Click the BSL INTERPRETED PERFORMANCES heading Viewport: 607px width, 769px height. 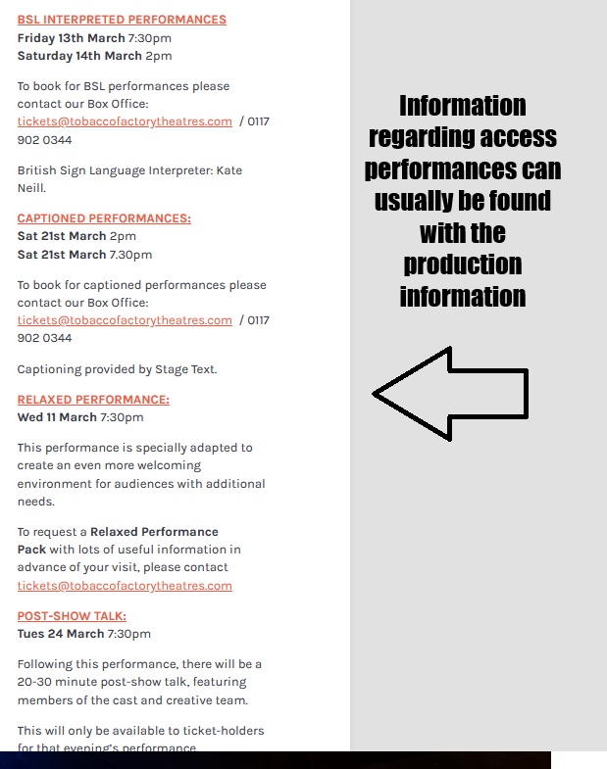pyautogui.click(x=122, y=20)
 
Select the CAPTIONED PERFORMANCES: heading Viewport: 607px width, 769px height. pyautogui.click(x=104, y=218)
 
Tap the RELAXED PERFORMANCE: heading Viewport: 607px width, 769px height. pyautogui.click(x=93, y=400)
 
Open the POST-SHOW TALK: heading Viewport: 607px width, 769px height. pyautogui.click(x=72, y=616)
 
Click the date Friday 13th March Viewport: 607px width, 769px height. pyautogui.click(x=71, y=38)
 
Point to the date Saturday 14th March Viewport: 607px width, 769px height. pyautogui.click(x=79, y=56)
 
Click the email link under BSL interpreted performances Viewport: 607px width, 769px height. pyautogui.click(x=125, y=121)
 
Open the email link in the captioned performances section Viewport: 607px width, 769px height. pyautogui.click(x=125, y=320)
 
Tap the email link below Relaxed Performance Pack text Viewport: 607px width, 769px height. pyautogui.click(x=125, y=586)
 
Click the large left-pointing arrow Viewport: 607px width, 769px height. pyautogui.click(x=450, y=394)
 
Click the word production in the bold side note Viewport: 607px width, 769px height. pyautogui.click(x=462, y=264)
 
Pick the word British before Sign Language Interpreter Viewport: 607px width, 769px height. pyautogui.click(x=39, y=170)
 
